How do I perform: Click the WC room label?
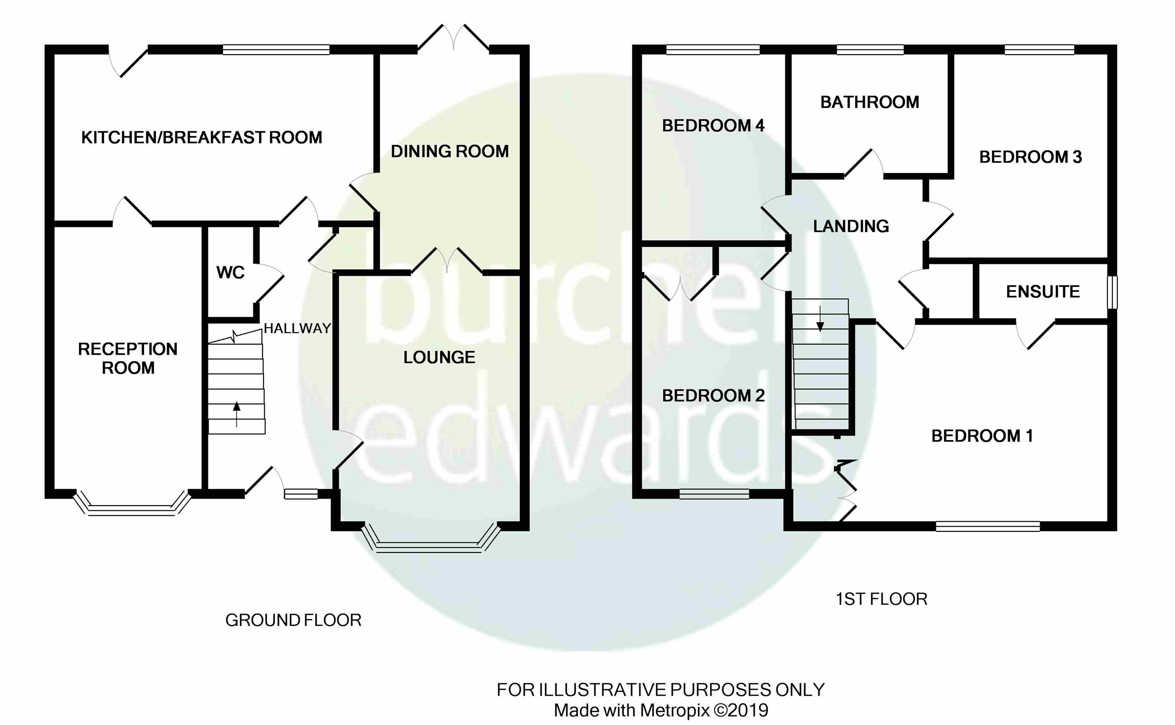(230, 273)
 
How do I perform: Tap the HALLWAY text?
(297, 329)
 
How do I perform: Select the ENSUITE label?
(1043, 291)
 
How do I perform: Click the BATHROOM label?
(869, 102)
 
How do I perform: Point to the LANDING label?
(851, 226)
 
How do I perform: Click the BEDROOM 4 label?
(713, 126)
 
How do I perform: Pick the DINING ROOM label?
(449, 151)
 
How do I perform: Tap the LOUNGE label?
(439, 357)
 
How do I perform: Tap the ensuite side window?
(1112, 292)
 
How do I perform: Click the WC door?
(269, 283)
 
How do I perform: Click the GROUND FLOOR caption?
(293, 620)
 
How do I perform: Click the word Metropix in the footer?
(674, 710)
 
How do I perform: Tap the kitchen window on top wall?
(276, 50)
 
